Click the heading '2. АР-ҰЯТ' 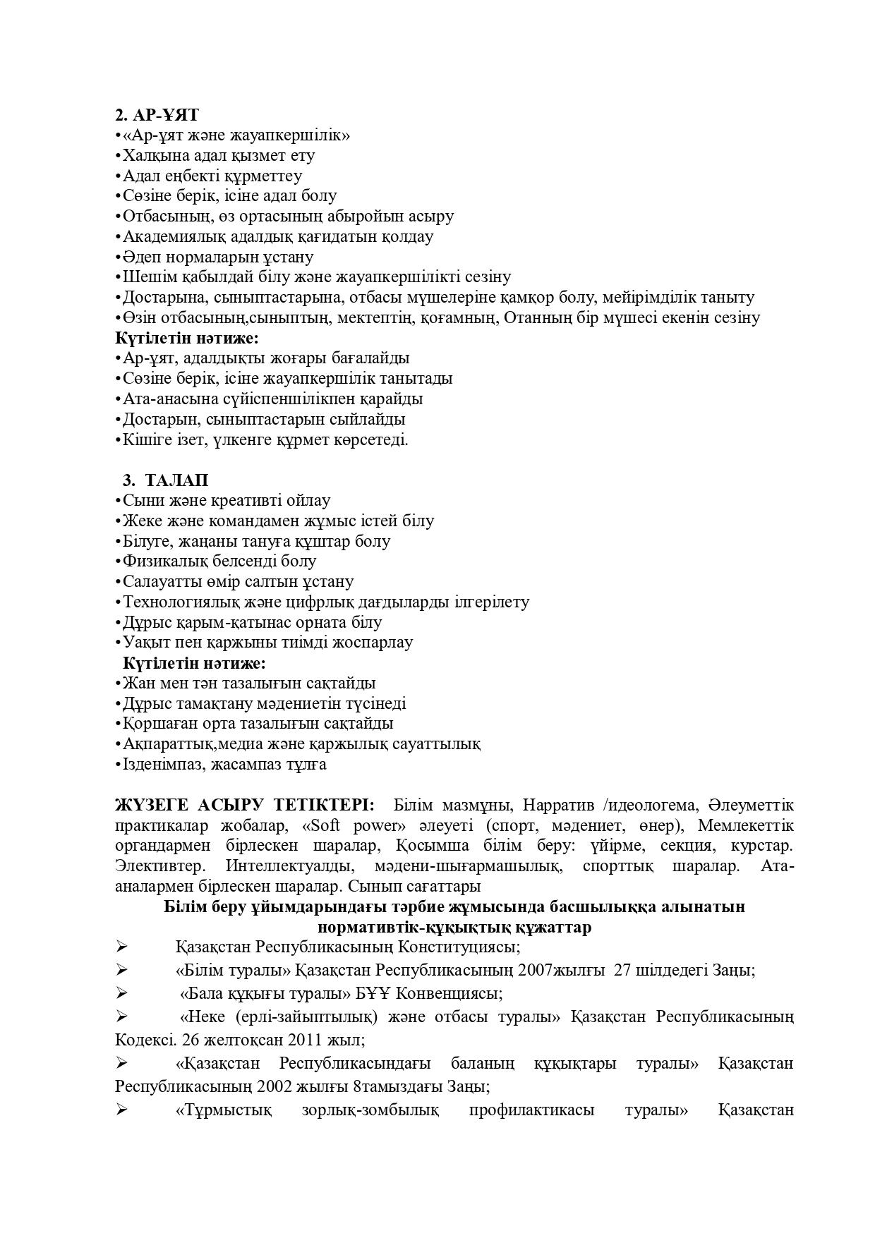[157, 114]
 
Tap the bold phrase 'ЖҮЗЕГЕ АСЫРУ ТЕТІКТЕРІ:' [246, 805]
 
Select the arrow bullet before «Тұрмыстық [122, 1110]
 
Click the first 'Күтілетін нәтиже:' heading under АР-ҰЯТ [187, 338]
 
